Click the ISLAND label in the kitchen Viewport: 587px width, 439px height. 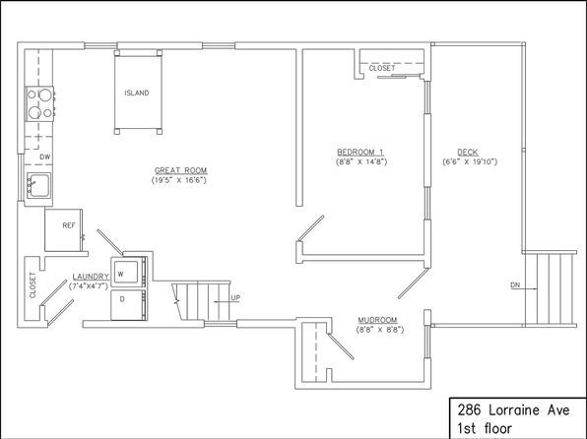pos(137,93)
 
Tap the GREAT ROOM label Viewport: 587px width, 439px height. pos(181,170)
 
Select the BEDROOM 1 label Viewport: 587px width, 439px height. pos(360,153)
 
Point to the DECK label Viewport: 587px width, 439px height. pos(468,153)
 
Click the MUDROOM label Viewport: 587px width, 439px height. pos(377,320)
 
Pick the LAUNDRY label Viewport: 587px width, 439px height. pos(91,277)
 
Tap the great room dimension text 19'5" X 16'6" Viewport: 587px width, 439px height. pos(179,180)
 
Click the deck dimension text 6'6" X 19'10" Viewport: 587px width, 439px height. pos(470,162)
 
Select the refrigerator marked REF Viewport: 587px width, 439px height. pos(63,230)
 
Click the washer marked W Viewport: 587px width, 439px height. pos(128,272)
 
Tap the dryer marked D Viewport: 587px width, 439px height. pos(128,305)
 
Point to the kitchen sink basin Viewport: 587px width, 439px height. pos(38,186)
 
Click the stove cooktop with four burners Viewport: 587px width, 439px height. pos(39,103)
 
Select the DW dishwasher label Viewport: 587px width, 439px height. pos(45,157)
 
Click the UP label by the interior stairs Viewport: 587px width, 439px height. pos(235,298)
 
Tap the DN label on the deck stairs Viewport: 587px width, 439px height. pos(515,285)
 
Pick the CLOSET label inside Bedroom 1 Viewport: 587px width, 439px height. pos(382,68)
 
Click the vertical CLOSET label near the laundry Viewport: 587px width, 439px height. pos(33,285)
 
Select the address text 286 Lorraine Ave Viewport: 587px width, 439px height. pos(514,410)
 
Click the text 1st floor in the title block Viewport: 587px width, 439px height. pos(485,428)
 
